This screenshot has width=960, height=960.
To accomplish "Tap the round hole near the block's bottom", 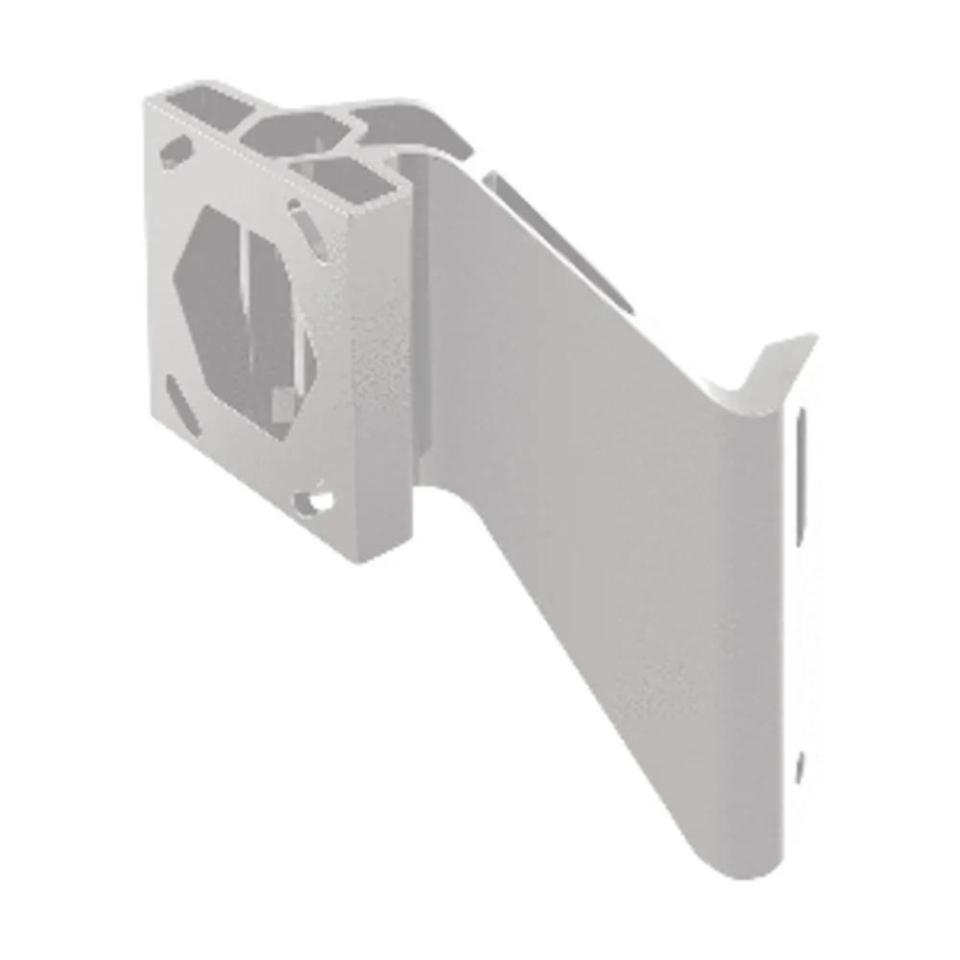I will tap(315, 500).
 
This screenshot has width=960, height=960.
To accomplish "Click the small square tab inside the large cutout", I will tap(280, 403).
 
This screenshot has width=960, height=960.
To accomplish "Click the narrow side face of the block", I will tap(384, 384).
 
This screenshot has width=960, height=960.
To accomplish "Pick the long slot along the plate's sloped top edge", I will tap(557, 240).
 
